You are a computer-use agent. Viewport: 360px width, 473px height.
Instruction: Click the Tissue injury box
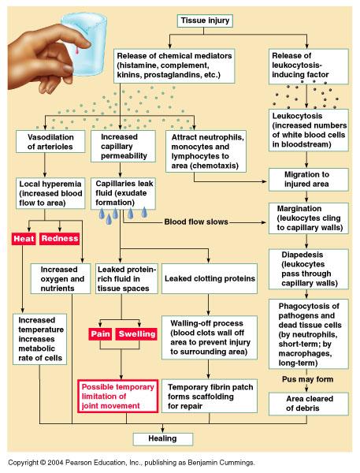(205, 20)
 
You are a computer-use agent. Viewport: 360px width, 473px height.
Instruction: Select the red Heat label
(24, 239)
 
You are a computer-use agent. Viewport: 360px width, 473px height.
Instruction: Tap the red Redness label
(60, 239)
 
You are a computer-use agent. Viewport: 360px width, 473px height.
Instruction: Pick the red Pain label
(100, 334)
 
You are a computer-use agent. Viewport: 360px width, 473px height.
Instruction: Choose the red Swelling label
(137, 334)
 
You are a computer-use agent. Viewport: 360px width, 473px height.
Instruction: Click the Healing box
(163, 438)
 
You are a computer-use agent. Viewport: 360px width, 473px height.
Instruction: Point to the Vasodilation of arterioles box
(50, 141)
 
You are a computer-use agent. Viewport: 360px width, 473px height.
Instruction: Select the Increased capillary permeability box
(123, 147)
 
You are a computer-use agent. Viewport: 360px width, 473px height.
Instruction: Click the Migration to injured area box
(309, 180)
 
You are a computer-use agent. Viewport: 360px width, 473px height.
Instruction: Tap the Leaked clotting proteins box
(210, 278)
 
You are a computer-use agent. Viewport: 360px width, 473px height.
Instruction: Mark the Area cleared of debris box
(309, 404)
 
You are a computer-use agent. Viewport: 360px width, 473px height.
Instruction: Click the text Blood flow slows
(196, 222)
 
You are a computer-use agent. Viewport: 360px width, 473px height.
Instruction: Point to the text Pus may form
(307, 379)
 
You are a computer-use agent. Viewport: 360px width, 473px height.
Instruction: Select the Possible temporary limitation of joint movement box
(118, 396)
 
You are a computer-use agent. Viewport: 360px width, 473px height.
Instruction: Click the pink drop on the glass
(77, 50)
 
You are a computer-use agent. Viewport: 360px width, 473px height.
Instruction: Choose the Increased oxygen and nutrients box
(61, 279)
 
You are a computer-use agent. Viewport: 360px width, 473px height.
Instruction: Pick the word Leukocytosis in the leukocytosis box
(297, 116)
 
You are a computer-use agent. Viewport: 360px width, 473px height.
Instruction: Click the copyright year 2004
(55, 463)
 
